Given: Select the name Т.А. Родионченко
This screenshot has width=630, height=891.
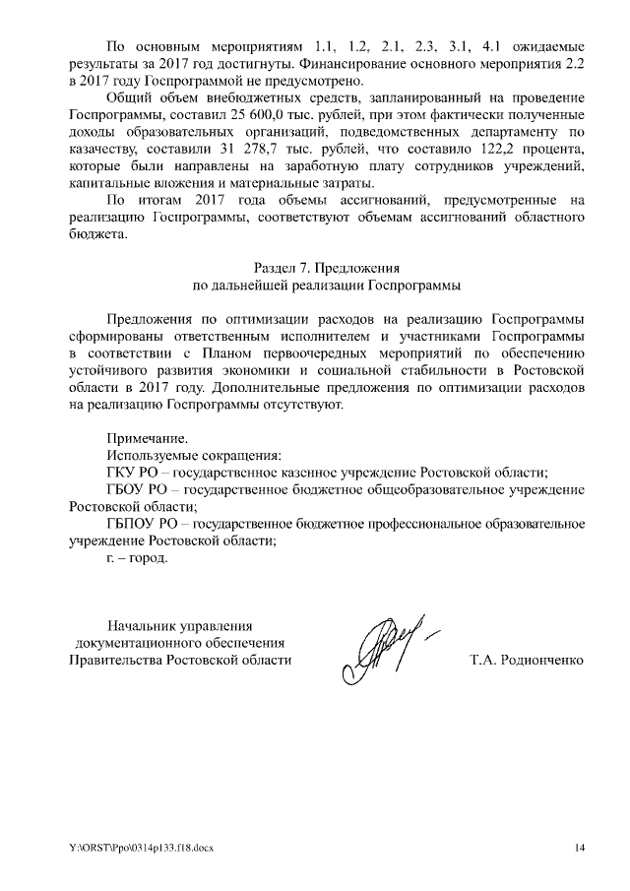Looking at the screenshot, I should click(529, 660).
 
